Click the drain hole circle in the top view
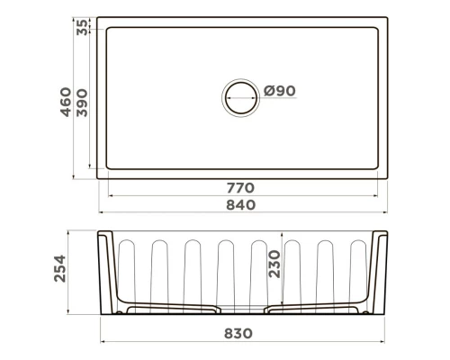click(241, 96)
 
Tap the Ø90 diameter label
click(281, 90)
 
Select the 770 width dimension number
click(241, 188)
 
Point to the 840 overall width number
click(241, 204)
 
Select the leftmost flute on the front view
click(126, 265)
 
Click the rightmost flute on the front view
click(355, 265)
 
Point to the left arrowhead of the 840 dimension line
click(100, 212)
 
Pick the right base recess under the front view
click(311, 310)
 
